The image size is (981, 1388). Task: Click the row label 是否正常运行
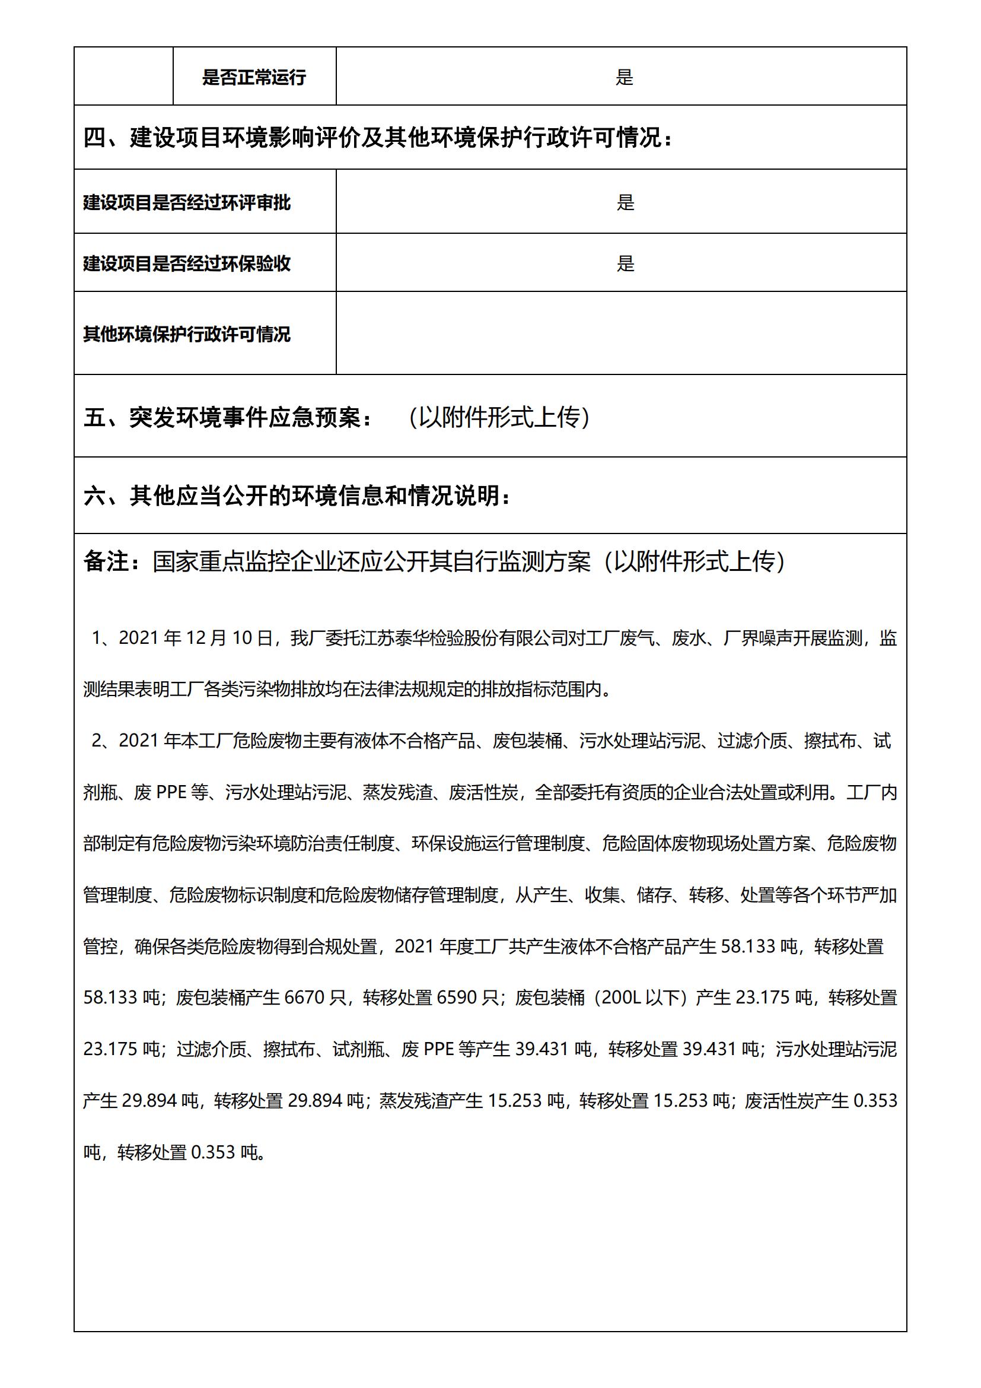tap(254, 77)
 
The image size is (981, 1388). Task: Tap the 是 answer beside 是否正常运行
tap(624, 77)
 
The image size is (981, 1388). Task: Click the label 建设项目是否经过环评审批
tap(187, 202)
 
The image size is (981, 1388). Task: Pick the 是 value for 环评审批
tap(625, 202)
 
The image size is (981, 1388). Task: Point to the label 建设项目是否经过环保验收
tap(187, 263)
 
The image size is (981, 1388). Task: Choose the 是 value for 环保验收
tap(625, 263)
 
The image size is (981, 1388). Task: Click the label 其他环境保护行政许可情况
tap(187, 334)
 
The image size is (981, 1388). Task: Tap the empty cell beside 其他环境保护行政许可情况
tap(621, 333)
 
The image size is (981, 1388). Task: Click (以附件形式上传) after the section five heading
tap(498, 418)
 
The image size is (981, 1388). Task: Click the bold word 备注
tap(106, 561)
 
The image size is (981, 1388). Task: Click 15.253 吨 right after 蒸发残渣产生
tap(525, 1100)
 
